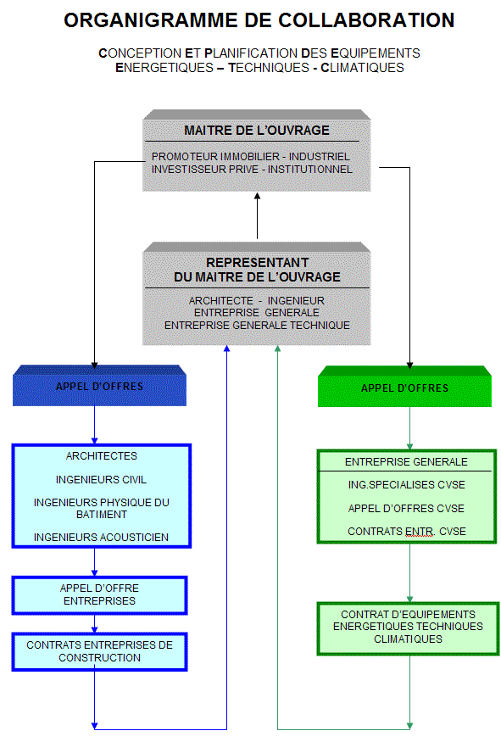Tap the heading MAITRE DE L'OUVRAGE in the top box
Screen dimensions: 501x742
click(x=257, y=130)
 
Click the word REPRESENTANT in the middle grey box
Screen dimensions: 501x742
click(x=258, y=263)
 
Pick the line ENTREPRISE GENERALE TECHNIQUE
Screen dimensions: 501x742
click(x=257, y=326)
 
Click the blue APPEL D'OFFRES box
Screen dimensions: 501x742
click(x=99, y=386)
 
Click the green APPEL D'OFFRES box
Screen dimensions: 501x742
click(x=404, y=387)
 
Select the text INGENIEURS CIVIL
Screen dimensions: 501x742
click(x=101, y=480)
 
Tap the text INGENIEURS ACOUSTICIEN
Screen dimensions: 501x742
click(x=101, y=538)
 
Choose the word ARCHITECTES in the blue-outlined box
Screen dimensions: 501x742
click(x=101, y=456)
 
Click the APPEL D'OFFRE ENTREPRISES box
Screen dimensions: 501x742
click(x=99, y=595)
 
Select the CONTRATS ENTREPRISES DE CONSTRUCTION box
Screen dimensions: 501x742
click(x=99, y=651)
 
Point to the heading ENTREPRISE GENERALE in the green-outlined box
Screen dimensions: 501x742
click(x=406, y=462)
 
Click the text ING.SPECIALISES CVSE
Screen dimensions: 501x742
click(x=406, y=485)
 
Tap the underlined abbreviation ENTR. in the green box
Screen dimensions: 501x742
click(x=420, y=532)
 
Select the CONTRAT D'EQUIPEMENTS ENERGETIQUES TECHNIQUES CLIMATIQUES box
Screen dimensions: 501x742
click(x=408, y=628)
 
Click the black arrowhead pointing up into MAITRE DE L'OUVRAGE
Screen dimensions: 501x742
click(x=258, y=195)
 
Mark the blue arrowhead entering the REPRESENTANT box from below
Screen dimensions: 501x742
click(x=226, y=349)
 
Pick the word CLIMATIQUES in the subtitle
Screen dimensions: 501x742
click(x=362, y=68)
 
